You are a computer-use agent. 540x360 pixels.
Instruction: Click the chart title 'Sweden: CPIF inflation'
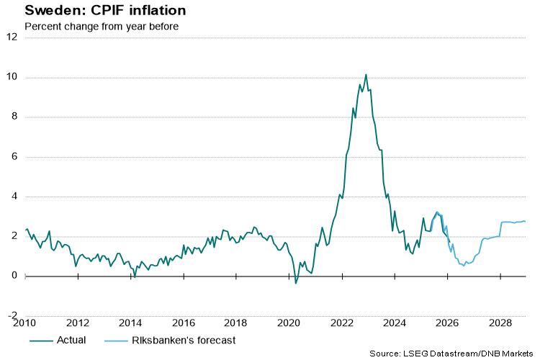point(95,11)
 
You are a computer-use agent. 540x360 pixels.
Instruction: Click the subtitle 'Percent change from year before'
point(101,27)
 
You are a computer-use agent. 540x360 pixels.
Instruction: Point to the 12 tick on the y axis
point(12,37)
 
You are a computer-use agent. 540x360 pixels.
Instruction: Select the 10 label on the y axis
point(12,77)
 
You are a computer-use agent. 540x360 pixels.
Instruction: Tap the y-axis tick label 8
point(14,117)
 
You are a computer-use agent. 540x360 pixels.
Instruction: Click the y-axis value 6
point(14,156)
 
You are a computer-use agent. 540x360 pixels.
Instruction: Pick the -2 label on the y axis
point(12,315)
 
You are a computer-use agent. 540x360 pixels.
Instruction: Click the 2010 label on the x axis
point(25,323)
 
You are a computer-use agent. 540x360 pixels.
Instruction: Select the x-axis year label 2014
point(130,323)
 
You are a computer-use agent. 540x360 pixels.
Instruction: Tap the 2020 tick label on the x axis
point(288,323)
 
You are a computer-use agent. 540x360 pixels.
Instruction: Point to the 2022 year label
point(341,323)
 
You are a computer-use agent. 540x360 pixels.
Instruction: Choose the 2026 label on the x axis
point(446,323)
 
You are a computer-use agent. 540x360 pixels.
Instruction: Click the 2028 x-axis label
point(499,323)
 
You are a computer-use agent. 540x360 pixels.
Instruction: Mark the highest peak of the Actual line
point(366,74)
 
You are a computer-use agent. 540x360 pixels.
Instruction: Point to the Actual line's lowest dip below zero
point(295,283)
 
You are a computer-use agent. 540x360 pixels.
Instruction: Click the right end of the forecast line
point(525,221)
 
